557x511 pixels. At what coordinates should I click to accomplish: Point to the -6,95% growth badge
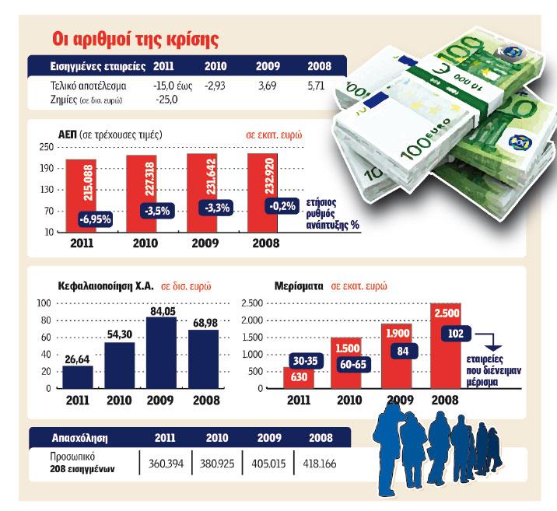point(96,220)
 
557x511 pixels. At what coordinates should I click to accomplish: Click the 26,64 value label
point(76,359)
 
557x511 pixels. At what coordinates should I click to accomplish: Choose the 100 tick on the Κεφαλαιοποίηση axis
point(44,303)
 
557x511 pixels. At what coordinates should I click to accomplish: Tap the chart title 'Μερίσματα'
point(297,285)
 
